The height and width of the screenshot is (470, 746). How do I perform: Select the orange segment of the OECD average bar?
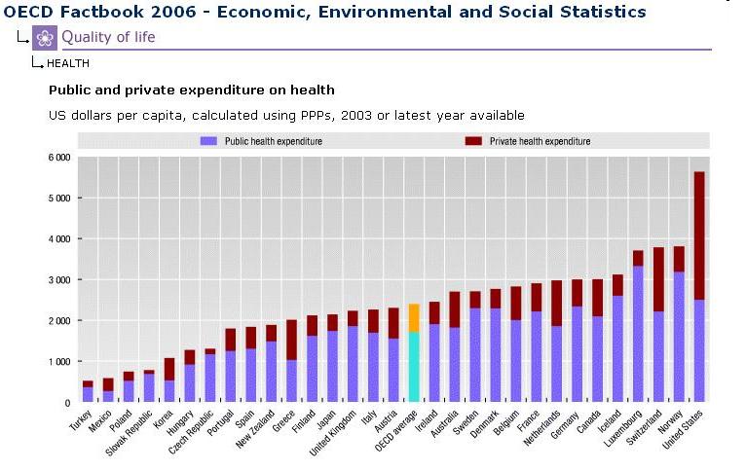tap(414, 318)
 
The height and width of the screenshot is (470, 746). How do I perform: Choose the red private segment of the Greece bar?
tap(291, 340)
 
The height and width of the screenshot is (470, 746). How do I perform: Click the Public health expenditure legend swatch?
tap(208, 141)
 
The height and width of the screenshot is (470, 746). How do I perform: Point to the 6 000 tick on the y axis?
tap(58, 157)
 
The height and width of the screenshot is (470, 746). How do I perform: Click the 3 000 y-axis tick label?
tap(58, 279)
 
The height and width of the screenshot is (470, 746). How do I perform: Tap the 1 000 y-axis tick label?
tap(58, 361)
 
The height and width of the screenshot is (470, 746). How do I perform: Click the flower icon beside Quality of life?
tap(45, 38)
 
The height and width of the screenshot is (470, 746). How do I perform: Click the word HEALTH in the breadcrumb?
tap(68, 63)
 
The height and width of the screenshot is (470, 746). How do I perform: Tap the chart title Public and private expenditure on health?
tap(192, 90)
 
